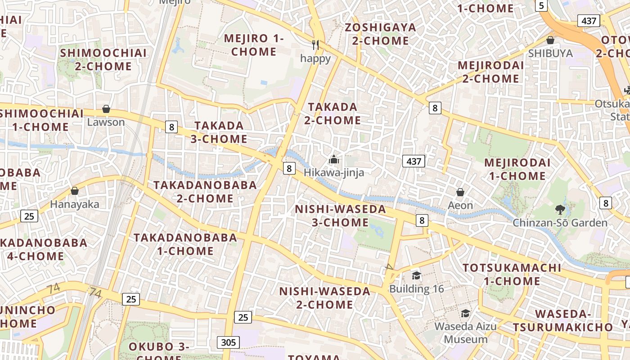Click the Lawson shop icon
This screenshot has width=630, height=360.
click(106, 109)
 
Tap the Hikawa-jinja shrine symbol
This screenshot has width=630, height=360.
click(333, 159)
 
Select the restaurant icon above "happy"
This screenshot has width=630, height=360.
click(315, 45)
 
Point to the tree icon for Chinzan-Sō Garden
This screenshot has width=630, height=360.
click(560, 209)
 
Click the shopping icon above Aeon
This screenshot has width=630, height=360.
click(460, 192)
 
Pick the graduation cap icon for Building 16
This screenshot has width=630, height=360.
click(416, 275)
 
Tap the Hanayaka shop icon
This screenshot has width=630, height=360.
click(75, 191)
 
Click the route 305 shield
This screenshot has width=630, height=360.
click(228, 342)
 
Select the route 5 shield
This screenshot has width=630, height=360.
click(541, 5)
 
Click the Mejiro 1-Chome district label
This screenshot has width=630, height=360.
click(254, 45)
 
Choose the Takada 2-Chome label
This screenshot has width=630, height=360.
click(333, 113)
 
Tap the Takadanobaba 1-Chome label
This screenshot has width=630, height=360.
click(185, 244)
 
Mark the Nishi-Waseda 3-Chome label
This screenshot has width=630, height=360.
click(341, 216)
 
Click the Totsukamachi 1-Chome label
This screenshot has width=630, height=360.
click(512, 274)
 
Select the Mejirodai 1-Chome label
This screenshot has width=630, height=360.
click(517, 169)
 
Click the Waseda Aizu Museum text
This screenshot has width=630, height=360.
click(466, 332)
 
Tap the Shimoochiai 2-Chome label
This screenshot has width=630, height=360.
click(103, 59)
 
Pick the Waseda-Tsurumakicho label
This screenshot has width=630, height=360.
click(563, 320)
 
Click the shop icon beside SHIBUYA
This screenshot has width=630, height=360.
click(550, 40)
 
